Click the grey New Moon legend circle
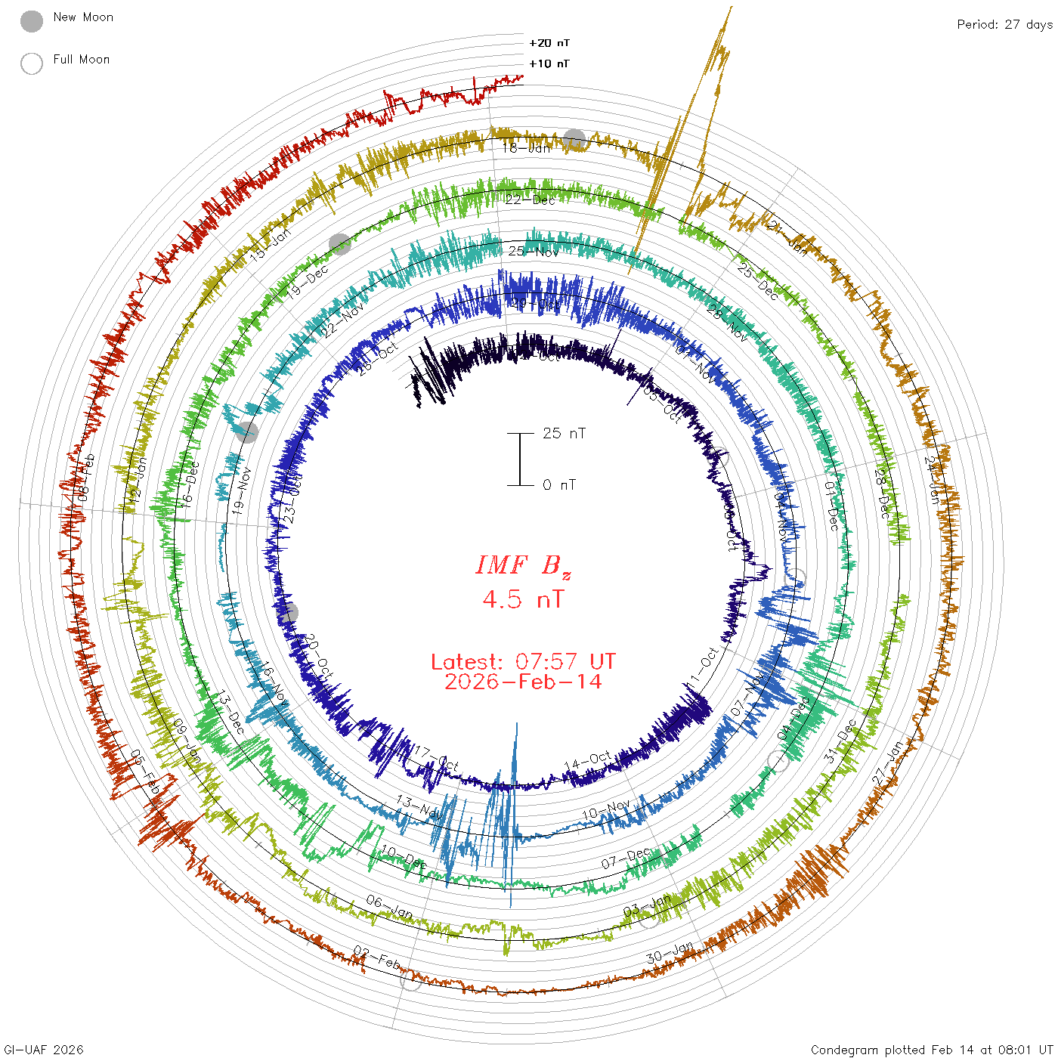pyautogui.click(x=32, y=21)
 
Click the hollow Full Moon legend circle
pyautogui.click(x=32, y=63)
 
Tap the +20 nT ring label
pyautogui.click(x=549, y=43)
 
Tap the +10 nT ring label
pyautogui.click(x=549, y=63)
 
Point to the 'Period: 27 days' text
pyautogui.click(x=1004, y=24)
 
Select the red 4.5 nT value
pyautogui.click(x=523, y=599)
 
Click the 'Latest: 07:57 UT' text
pyautogui.click(x=523, y=662)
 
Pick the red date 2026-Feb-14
pyautogui.click(x=523, y=682)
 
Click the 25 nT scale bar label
pyautogui.click(x=564, y=433)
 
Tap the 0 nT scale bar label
pyautogui.click(x=559, y=484)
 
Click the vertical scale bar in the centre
pyautogui.click(x=520, y=459)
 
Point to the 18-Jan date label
pyautogui.click(x=527, y=148)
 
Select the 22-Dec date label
pyautogui.click(x=530, y=200)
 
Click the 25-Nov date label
pyautogui.click(x=533, y=251)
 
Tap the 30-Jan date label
pyautogui.click(x=670, y=953)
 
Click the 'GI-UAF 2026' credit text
pyautogui.click(x=44, y=1050)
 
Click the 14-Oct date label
pyautogui.click(x=589, y=761)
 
